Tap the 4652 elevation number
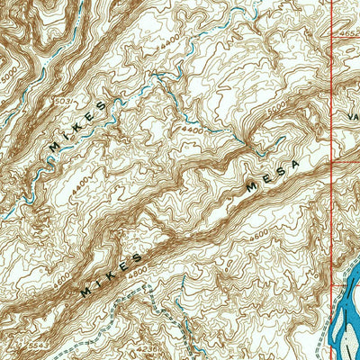[349, 34]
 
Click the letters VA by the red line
[351, 116]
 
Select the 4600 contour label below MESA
[261, 236]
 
